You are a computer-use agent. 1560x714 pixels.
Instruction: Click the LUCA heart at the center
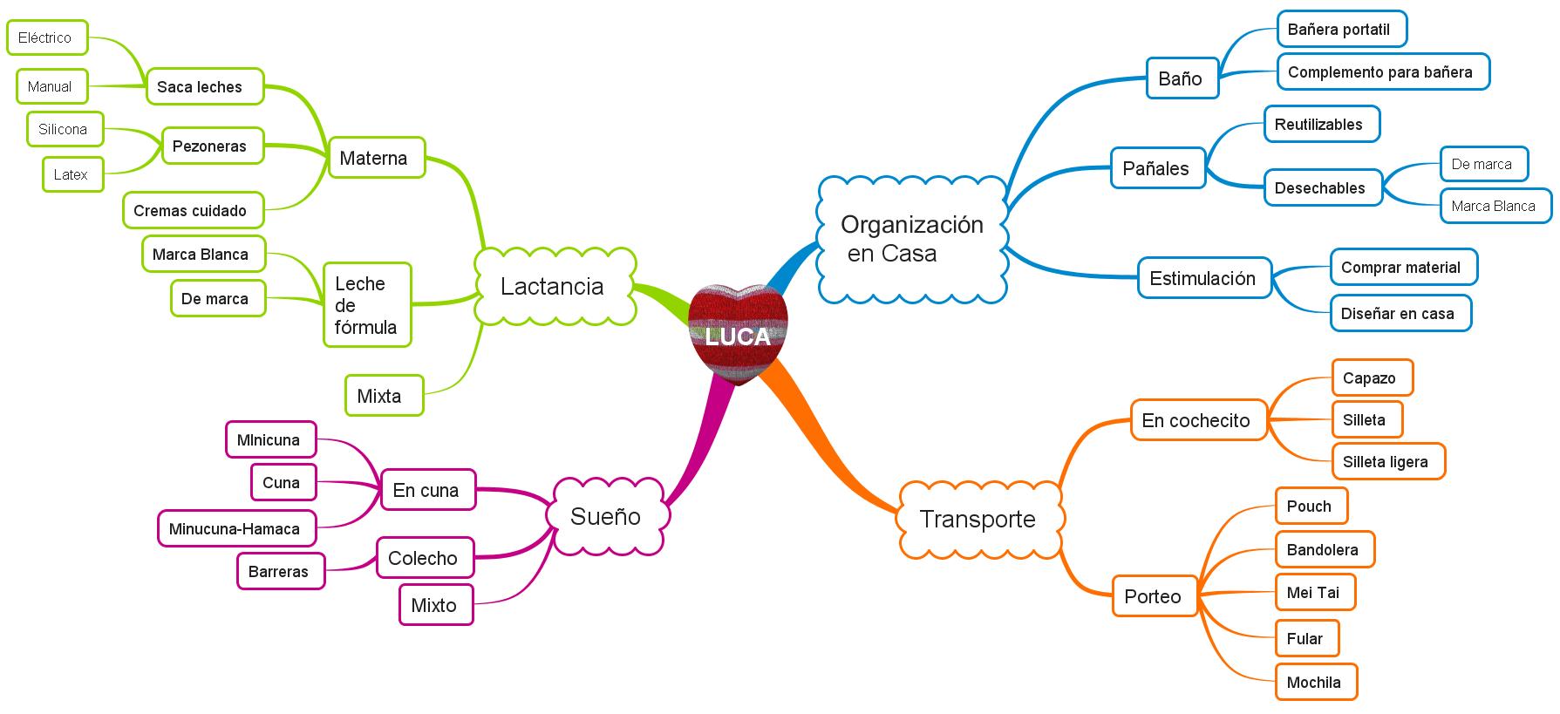[x=738, y=334]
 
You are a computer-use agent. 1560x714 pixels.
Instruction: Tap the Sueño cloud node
[x=606, y=516]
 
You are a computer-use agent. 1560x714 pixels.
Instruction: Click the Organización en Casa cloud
[x=912, y=239]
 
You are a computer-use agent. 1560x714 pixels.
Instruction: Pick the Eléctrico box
[x=47, y=37]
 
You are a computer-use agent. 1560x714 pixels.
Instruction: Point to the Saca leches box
[x=204, y=86]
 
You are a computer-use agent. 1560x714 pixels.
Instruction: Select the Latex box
[x=72, y=174]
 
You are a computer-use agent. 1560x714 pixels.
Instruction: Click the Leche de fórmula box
[x=367, y=305]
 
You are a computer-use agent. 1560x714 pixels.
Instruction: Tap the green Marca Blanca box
[x=203, y=254]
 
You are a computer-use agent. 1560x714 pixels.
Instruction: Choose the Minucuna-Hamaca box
[x=236, y=528]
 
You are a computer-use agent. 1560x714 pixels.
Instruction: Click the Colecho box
[x=425, y=558]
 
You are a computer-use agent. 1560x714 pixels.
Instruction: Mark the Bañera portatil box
[x=1341, y=29]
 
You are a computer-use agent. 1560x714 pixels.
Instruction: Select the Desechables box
[x=1323, y=187]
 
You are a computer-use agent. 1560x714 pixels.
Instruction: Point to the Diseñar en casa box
[x=1400, y=313]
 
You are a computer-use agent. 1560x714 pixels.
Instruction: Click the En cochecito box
[x=1198, y=420]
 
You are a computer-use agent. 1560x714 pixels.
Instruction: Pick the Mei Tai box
[x=1315, y=592]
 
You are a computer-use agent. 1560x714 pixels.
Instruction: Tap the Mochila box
[x=1316, y=682]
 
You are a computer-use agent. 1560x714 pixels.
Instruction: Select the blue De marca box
[x=1483, y=164]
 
